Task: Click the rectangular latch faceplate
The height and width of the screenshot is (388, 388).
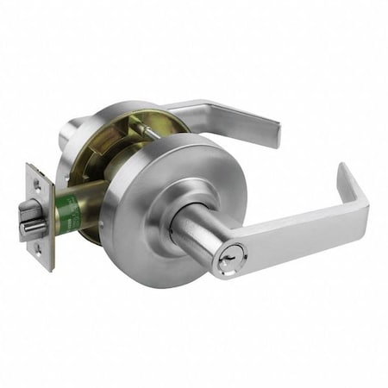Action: [x=38, y=216]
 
